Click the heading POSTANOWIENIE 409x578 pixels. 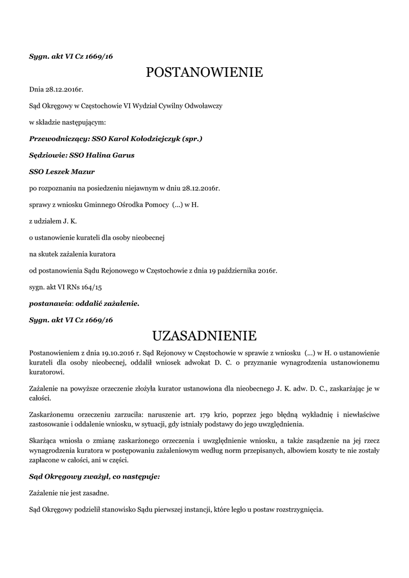[x=204, y=72]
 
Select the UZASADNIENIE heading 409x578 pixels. [x=204, y=337]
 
